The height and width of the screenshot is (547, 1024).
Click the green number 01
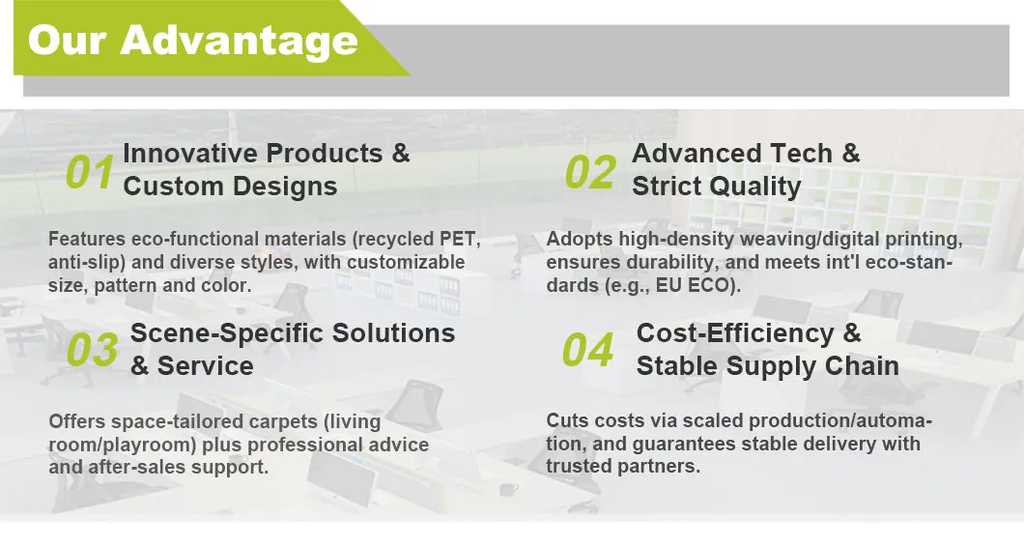click(90, 173)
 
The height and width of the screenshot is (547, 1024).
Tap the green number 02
click(590, 173)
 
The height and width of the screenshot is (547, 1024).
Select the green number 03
click(92, 350)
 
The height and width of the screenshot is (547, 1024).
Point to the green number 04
click(587, 350)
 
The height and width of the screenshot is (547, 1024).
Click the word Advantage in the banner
click(239, 41)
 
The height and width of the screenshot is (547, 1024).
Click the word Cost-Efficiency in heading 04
click(735, 334)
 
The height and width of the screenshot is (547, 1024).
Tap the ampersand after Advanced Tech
click(851, 154)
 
